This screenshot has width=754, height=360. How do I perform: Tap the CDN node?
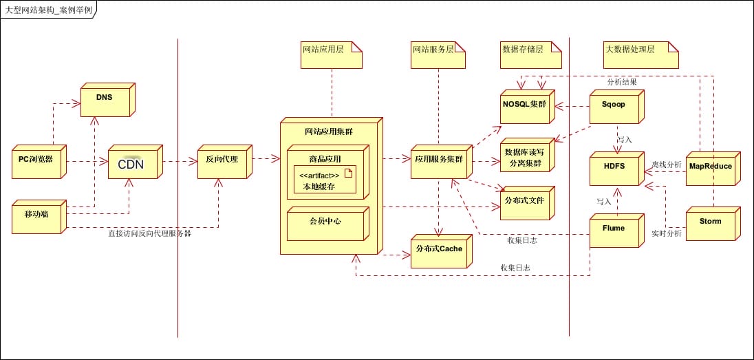click(x=132, y=165)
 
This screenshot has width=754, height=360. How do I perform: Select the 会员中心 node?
click(x=325, y=224)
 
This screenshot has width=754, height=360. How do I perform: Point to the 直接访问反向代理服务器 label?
click(x=149, y=233)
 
